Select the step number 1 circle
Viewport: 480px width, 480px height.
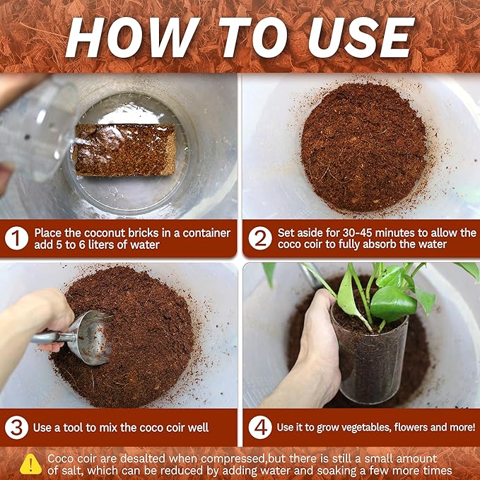click(16, 238)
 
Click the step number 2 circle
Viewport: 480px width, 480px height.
click(259, 238)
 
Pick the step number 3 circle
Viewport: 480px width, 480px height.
click(16, 428)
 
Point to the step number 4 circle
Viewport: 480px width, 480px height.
click(259, 428)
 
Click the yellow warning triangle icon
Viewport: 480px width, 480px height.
click(30, 464)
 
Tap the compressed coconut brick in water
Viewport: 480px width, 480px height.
click(124, 149)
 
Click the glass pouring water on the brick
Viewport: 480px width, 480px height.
click(35, 127)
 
